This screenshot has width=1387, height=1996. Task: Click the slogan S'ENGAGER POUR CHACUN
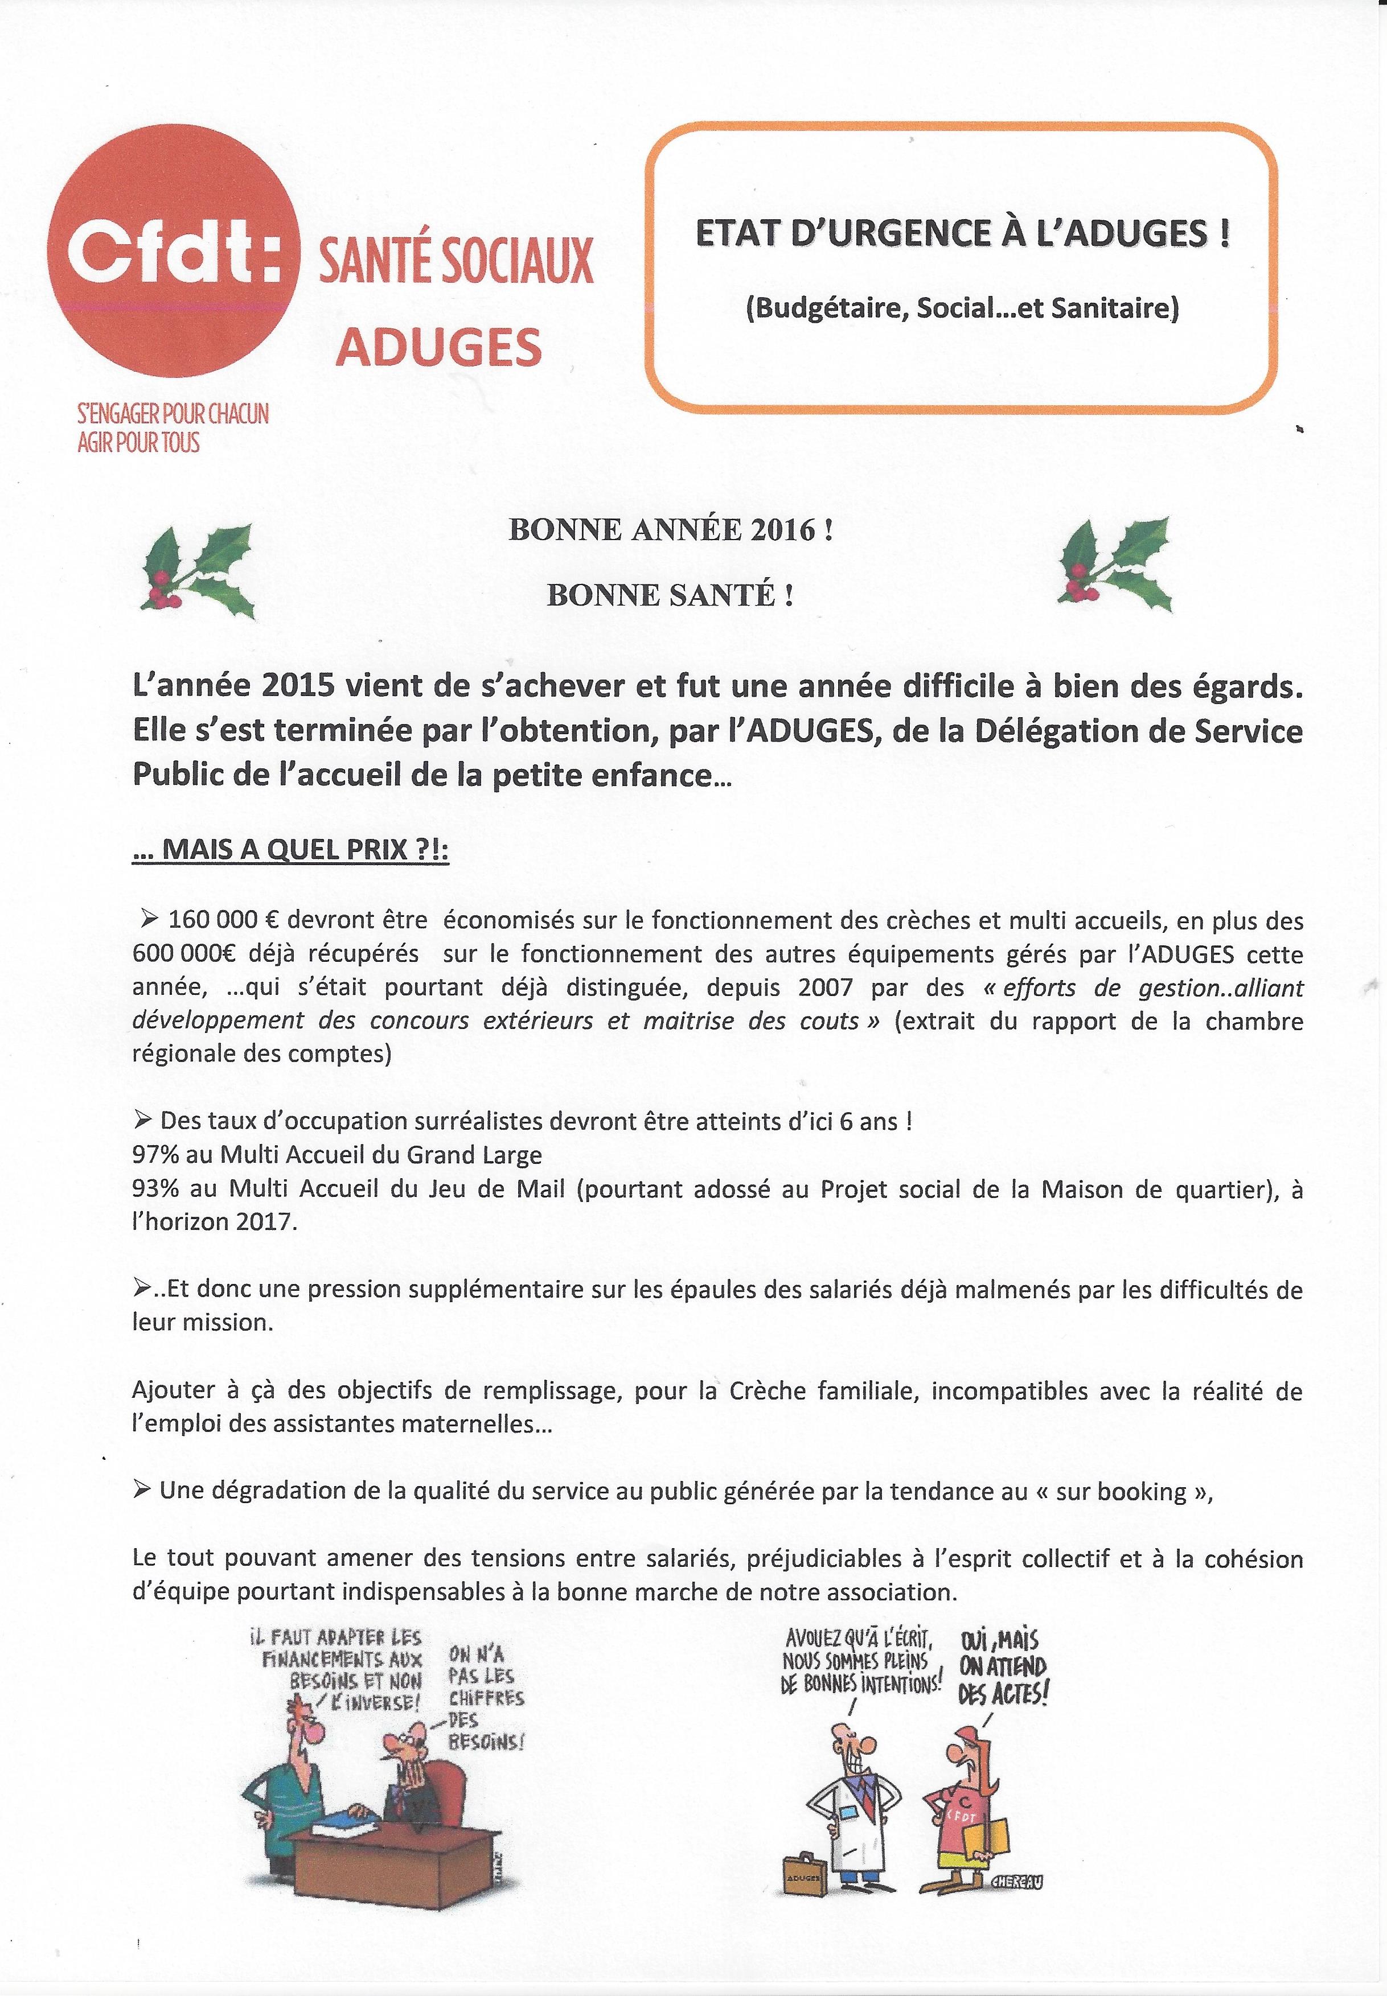174,413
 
